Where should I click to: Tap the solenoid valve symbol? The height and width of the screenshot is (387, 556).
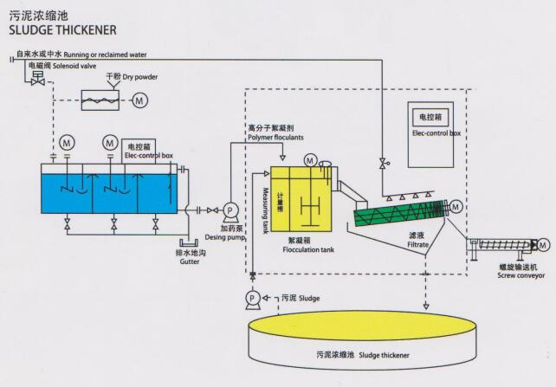tap(36, 78)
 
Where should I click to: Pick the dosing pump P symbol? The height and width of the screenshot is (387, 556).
tap(230, 210)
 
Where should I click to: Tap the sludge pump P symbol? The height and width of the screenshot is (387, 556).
tap(251, 297)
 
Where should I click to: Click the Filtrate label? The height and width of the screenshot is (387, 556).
tap(404, 246)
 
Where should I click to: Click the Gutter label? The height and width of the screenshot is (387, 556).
tap(190, 261)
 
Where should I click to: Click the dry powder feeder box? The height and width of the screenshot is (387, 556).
tap(103, 101)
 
